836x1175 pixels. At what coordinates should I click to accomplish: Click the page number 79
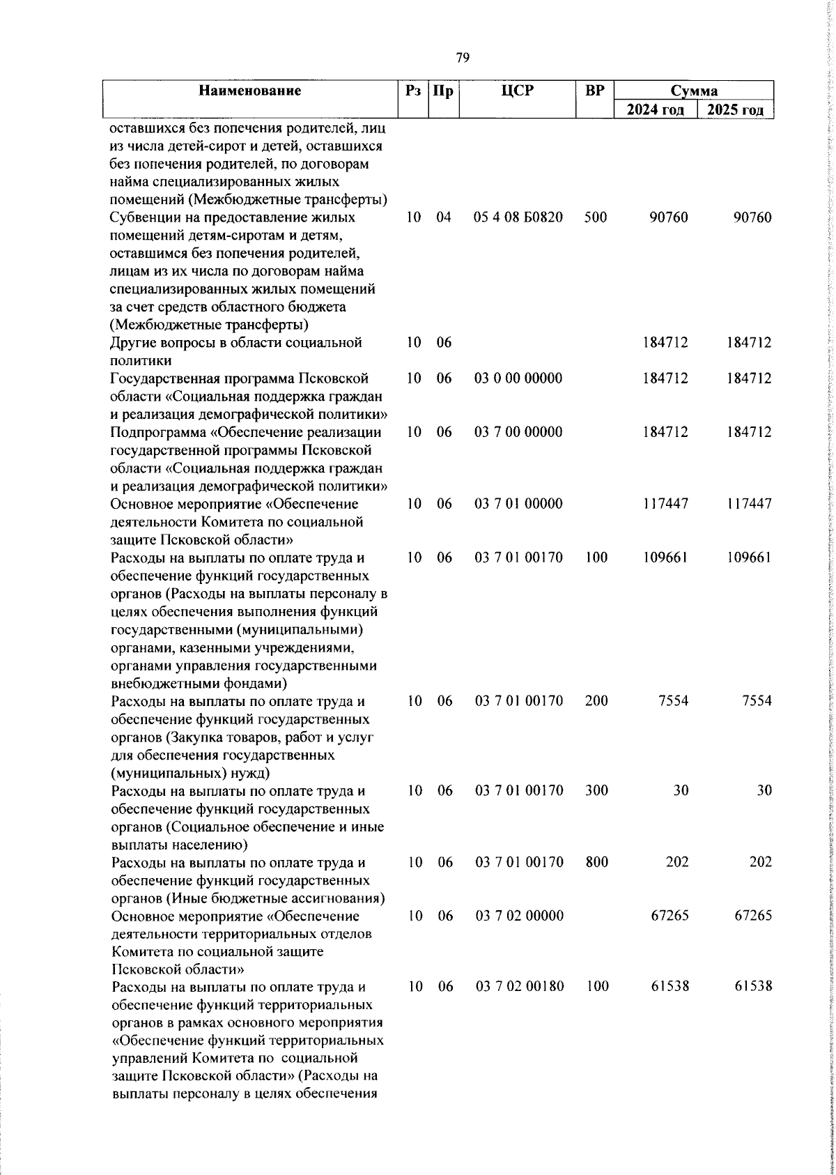(462, 57)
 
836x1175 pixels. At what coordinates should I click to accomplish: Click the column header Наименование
(249, 91)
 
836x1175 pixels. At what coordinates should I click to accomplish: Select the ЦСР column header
(518, 91)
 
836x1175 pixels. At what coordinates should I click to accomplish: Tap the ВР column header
(594, 91)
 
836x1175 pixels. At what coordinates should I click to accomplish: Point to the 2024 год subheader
(656, 110)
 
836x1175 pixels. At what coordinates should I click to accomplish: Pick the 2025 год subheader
(736, 110)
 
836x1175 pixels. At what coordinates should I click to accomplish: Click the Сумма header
(694, 91)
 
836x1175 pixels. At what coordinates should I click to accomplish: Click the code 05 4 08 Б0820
(518, 217)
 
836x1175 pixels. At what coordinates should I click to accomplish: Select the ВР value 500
(596, 217)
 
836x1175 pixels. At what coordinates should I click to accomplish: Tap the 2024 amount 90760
(668, 217)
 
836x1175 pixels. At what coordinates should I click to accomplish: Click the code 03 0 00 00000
(518, 378)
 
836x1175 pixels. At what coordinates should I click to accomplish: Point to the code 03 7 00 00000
(518, 432)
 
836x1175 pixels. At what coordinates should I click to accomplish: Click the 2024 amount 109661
(665, 558)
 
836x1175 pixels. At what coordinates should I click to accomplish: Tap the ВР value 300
(596, 790)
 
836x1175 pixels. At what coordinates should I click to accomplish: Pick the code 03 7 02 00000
(529, 916)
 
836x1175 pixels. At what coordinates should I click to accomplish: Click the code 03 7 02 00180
(529, 987)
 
